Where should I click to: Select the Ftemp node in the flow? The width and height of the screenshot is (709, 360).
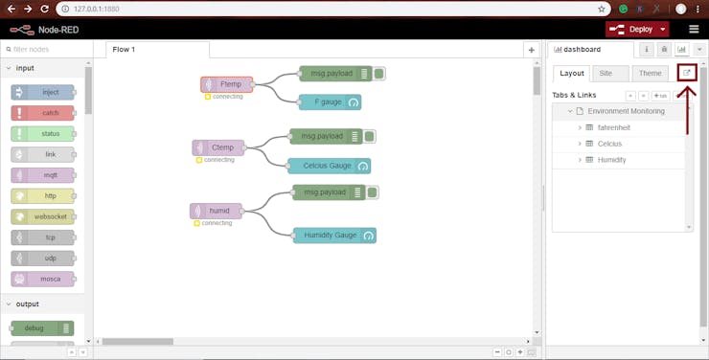tap(227, 84)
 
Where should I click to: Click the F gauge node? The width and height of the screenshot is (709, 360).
tap(330, 102)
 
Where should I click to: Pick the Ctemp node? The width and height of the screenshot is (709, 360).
tap(218, 147)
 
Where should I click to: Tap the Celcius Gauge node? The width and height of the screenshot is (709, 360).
tap(329, 166)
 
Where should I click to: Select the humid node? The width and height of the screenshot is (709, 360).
tap(217, 211)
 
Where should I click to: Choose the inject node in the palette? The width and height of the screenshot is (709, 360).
tap(43, 93)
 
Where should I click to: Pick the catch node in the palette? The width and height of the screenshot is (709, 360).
tap(43, 113)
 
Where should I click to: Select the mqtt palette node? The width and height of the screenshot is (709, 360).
tap(43, 175)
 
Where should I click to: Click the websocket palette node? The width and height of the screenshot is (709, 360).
tap(43, 216)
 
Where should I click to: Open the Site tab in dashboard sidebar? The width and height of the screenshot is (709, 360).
tap(606, 74)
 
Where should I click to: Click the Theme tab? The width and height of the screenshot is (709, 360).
tap(651, 74)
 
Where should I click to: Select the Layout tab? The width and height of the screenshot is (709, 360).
tap(572, 74)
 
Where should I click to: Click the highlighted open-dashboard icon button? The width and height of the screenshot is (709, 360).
tap(686, 73)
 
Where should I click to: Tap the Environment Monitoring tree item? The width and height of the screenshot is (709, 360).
tap(627, 111)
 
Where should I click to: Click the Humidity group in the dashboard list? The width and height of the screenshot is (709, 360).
tap(611, 160)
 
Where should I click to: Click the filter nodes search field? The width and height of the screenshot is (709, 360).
tap(46, 49)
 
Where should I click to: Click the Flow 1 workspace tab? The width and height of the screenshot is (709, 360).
tap(124, 49)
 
